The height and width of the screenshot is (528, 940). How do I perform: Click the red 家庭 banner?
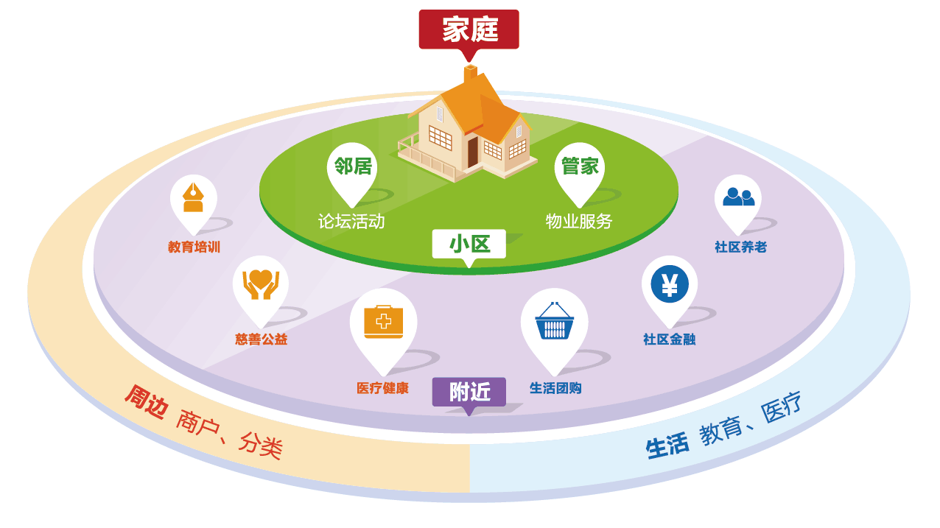pos(469,29)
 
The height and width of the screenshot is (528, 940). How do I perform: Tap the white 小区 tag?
pos(469,244)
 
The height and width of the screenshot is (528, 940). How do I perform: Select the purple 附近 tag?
pos(469,392)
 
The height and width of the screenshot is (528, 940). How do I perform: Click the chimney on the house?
pos(470,74)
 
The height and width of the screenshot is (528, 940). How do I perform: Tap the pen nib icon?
pos(193,197)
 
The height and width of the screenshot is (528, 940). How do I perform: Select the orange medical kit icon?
pos(383,321)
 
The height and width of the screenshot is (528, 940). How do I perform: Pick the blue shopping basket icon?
pos(554,321)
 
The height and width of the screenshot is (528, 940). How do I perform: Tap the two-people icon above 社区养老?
pos(738,197)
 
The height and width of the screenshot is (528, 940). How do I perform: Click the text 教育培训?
pos(194,247)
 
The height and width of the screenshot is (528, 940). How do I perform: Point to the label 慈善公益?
pos(261,339)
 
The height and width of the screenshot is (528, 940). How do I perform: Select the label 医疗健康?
pos(382,388)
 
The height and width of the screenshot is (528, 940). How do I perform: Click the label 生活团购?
pos(555,388)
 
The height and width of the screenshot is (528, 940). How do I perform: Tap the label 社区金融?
pos(669,339)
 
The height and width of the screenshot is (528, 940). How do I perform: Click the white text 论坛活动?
pos(351,221)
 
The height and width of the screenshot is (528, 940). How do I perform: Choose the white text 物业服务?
pos(579,221)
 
